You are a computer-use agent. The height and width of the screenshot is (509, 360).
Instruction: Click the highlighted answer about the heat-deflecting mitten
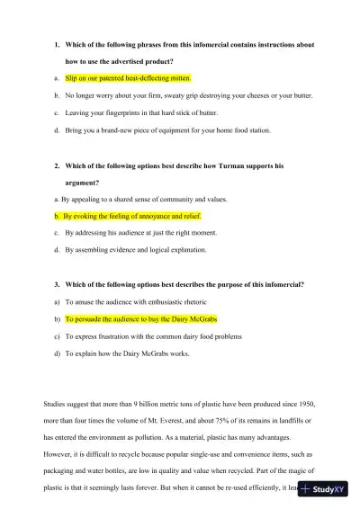pyautogui.click(x=128, y=78)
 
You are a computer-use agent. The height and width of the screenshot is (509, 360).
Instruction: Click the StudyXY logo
pyautogui.click(x=328, y=491)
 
